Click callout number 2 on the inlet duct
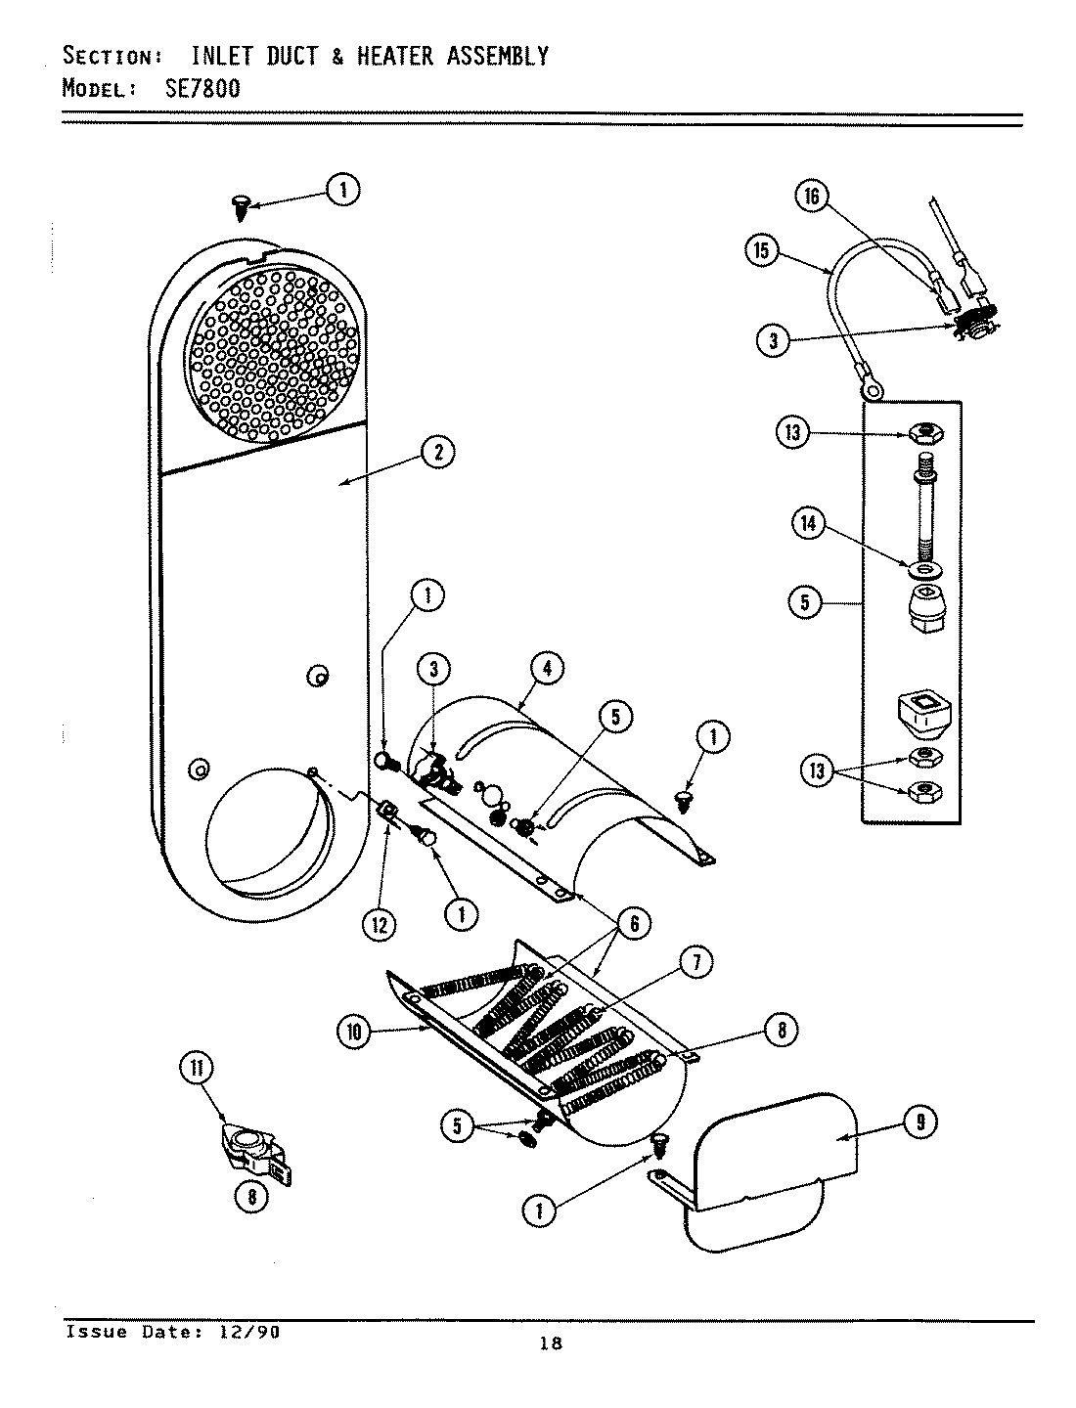[438, 452]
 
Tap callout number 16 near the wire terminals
[810, 197]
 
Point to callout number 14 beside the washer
[808, 524]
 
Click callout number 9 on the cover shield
[919, 1123]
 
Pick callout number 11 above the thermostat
[196, 1069]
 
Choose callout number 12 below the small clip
[379, 924]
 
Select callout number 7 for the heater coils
[695, 963]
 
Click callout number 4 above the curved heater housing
[547, 669]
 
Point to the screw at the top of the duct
[240, 206]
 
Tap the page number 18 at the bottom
[551, 1343]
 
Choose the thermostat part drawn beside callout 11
[252, 1154]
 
